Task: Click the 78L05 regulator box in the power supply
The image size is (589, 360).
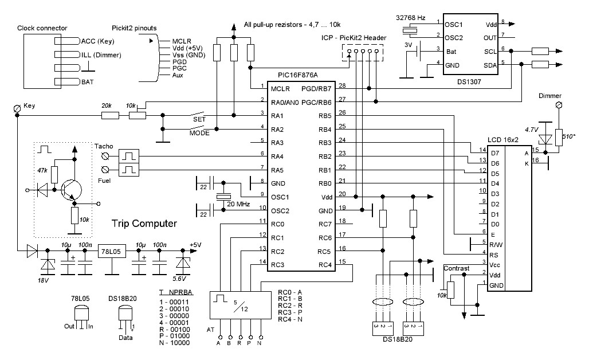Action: click(112, 252)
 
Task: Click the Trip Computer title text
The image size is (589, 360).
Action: click(144, 224)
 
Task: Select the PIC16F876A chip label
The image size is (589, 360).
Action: click(297, 75)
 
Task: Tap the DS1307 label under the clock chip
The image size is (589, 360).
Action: click(469, 81)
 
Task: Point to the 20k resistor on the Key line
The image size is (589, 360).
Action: click(111, 115)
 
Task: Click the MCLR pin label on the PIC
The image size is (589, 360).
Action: click(280, 89)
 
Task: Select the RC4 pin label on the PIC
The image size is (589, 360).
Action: click(325, 265)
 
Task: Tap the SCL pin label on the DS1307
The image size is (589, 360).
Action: click(490, 52)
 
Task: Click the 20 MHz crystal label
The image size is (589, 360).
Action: click(238, 204)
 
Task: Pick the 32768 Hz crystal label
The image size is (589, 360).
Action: click(411, 18)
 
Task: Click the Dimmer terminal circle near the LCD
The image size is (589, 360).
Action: click(559, 105)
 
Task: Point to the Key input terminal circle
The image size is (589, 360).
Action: click(17, 108)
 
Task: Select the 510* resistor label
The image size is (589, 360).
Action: click(569, 136)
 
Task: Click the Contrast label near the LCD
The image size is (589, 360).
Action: click(457, 268)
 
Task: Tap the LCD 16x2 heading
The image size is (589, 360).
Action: click(502, 140)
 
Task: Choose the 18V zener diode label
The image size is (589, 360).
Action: click(43, 280)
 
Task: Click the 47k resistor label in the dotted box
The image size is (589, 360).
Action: click(42, 170)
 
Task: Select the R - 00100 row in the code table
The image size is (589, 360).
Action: click(175, 330)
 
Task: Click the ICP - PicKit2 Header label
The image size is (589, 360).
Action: click(354, 38)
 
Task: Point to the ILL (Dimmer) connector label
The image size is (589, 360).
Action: click(101, 55)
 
